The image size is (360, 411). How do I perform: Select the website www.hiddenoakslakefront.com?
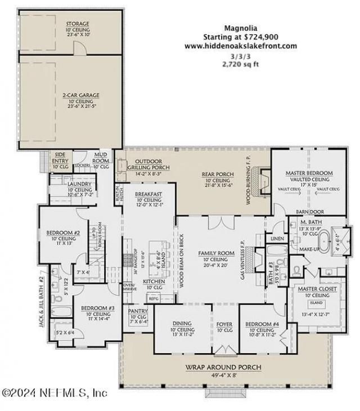click(240, 46)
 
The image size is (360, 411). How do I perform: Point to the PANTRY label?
click(137, 310)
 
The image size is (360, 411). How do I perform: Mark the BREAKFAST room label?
click(148, 194)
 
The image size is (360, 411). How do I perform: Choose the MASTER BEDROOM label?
click(309, 172)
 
